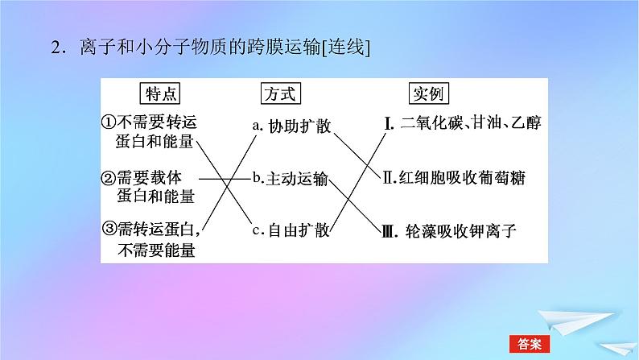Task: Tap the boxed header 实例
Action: [428, 94]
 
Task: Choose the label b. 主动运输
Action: [289, 178]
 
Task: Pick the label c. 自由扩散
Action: [290, 231]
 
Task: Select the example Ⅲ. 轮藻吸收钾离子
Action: [450, 232]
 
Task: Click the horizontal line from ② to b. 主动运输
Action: [223, 178]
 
